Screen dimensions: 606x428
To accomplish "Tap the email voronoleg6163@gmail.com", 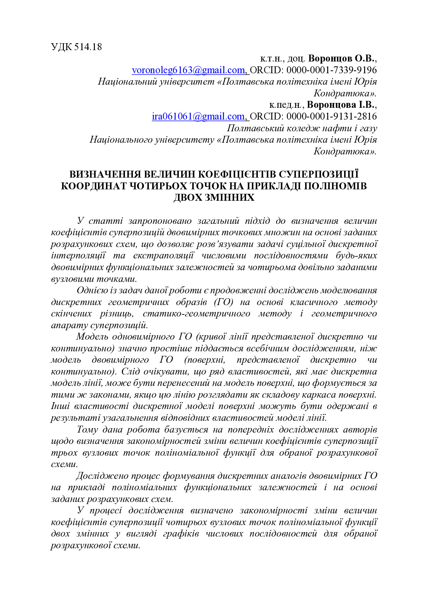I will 188,70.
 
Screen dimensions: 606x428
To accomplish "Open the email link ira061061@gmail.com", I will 198,116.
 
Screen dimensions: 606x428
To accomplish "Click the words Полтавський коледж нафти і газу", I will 302,128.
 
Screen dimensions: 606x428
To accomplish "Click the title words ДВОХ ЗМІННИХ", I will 214,198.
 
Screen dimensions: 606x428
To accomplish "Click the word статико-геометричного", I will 196,314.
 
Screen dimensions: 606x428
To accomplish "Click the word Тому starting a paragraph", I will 88,430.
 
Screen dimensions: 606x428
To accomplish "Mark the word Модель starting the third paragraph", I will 91,337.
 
